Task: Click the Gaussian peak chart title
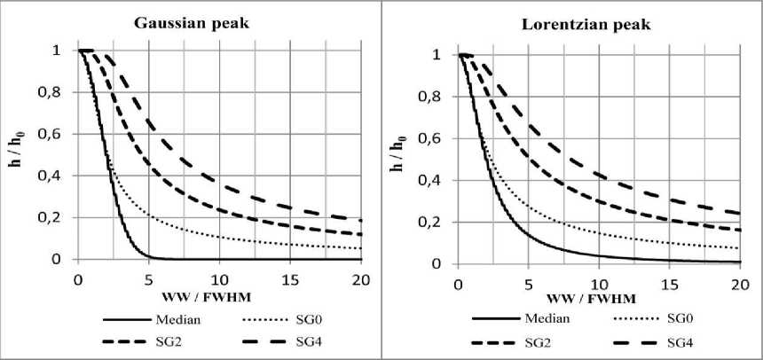pyautogui.click(x=191, y=22)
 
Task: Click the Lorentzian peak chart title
pyautogui.click(x=572, y=24)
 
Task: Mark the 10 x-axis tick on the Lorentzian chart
pyautogui.click(x=599, y=282)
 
